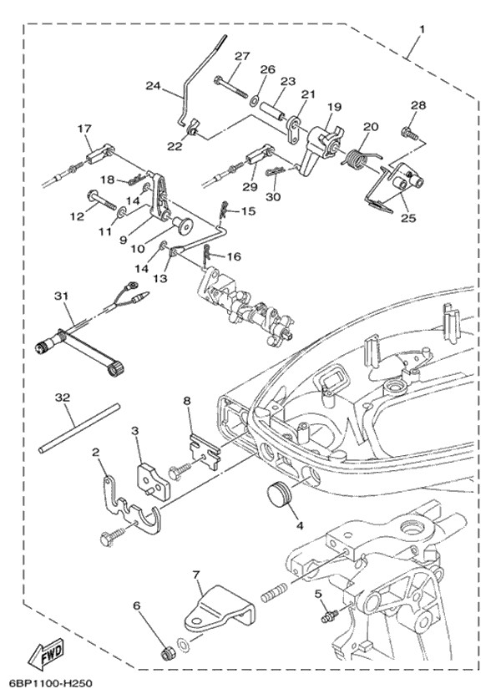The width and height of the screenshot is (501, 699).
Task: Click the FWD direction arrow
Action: [47, 654]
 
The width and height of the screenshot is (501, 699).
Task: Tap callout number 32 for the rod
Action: [63, 397]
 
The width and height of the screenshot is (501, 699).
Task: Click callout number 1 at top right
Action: [423, 30]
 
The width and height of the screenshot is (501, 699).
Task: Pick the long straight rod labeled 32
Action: [79, 428]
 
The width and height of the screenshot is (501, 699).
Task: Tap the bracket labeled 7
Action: [220, 610]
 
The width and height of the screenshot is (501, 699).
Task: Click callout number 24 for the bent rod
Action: [154, 85]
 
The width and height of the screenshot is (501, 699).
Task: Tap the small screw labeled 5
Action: [328, 616]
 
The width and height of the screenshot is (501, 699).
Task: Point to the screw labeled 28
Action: [410, 134]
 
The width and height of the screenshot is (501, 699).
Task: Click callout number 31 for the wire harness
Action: [63, 296]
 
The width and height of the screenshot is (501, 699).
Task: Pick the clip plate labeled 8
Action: [205, 451]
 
